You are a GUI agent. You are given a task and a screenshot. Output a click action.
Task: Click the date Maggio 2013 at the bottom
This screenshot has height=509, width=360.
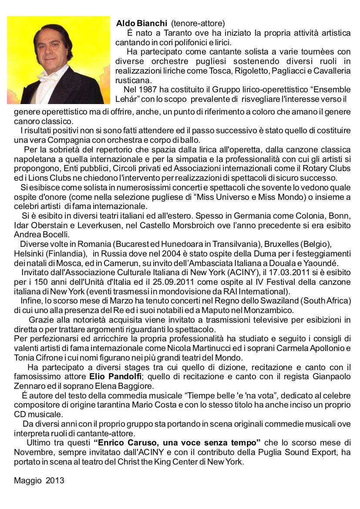tap(39, 481)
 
